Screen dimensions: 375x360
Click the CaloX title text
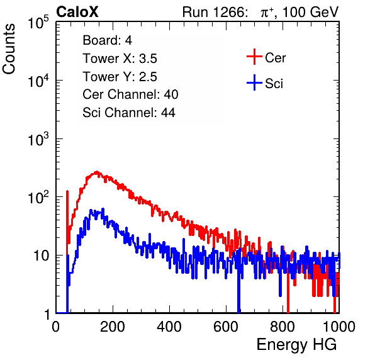[77, 12]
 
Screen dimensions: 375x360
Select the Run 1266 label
[215, 12]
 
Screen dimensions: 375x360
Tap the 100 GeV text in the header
[311, 12]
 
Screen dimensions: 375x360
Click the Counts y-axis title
[9, 49]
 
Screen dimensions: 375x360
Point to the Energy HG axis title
[296, 345]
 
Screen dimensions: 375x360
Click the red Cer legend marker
[254, 57]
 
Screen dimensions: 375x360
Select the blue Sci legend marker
[254, 83]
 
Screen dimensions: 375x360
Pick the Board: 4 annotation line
[107, 40]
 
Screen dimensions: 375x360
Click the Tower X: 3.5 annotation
[120, 59]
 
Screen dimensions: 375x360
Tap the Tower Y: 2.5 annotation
[120, 77]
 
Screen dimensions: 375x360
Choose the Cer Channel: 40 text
[130, 94]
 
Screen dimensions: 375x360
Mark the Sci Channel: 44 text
[129, 113]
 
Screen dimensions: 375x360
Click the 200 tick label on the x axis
[113, 327]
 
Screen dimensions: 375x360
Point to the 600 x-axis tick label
[226, 327]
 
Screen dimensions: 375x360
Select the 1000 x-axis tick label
[339, 327]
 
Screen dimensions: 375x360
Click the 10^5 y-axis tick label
[38, 23]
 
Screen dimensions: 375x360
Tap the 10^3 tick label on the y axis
[38, 140]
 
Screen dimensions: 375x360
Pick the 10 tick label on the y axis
[41, 256]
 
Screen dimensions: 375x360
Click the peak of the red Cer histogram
[96, 172]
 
